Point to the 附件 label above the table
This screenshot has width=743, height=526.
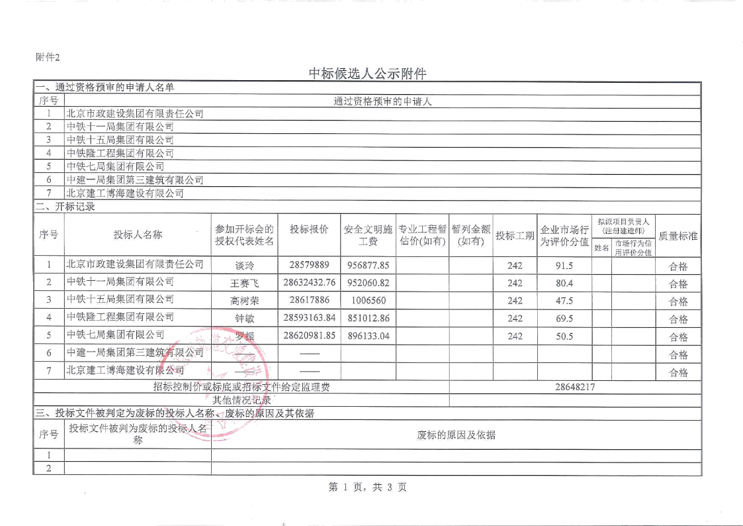[47, 57]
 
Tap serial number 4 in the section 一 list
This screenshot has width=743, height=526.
[48, 153]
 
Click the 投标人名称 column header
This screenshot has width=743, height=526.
[137, 235]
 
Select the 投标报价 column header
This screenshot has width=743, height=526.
[309, 229]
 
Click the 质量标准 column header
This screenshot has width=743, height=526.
[678, 235]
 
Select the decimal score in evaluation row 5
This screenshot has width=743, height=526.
[564, 335]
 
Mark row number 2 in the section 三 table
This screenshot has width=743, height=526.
[48, 468]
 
